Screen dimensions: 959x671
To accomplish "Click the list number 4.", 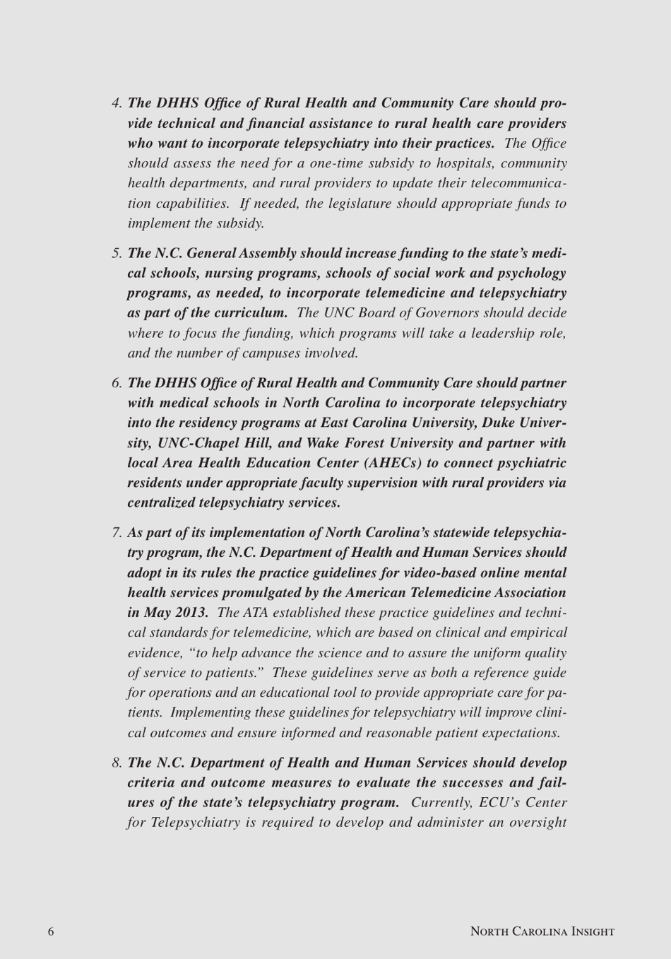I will click(x=117, y=103).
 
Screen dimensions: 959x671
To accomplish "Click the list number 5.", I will click(x=117, y=253).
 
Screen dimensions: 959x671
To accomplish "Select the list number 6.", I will click(x=117, y=383).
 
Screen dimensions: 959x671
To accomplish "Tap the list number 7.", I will click(x=117, y=533).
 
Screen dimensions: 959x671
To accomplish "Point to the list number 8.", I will click(x=117, y=763).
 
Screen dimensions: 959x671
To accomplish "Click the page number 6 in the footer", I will click(x=51, y=931).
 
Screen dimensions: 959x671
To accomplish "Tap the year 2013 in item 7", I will click(x=191, y=613).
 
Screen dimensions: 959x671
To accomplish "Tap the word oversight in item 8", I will click(x=535, y=823).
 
